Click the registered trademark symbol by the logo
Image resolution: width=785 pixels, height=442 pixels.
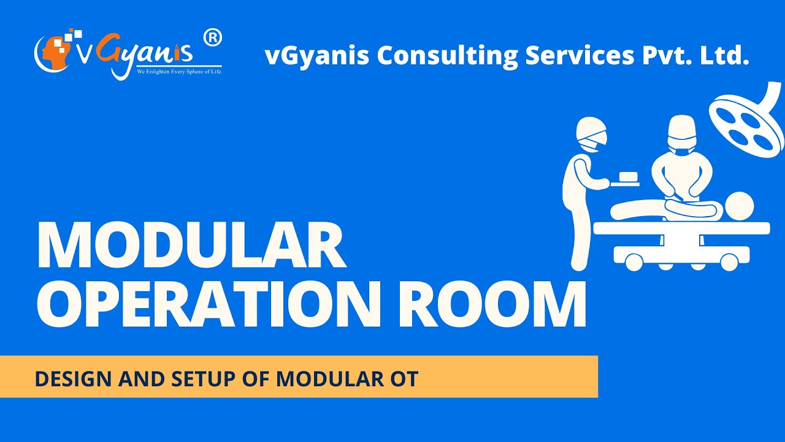coord(212,38)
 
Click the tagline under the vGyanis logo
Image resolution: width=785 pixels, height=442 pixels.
coord(179,72)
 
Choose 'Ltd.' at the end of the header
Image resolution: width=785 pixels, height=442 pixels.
coord(727,56)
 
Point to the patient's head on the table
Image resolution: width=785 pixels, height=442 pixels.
coord(740,206)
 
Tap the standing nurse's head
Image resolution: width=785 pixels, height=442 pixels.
coord(592,134)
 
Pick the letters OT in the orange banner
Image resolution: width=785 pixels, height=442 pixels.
coord(404,379)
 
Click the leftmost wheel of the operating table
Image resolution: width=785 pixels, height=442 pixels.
coord(633,262)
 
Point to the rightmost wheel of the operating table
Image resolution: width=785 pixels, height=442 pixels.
coord(729,262)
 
